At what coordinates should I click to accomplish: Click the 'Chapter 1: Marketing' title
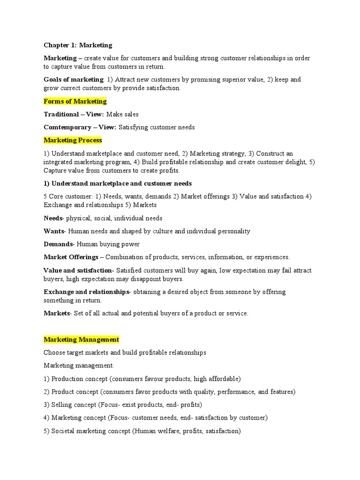(x=78, y=45)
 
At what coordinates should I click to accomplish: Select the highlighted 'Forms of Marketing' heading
(x=75, y=101)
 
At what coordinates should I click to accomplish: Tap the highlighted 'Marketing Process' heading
(x=73, y=140)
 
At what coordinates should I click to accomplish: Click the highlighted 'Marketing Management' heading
(x=81, y=339)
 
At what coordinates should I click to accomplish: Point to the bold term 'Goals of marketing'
(x=73, y=80)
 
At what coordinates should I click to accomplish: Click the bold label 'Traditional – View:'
(x=74, y=114)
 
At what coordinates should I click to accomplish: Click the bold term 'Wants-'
(x=55, y=231)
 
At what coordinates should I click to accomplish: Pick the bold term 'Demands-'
(x=59, y=244)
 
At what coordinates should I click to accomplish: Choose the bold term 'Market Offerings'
(x=71, y=257)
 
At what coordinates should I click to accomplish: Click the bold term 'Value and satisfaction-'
(x=78, y=270)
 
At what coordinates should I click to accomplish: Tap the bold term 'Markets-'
(x=58, y=314)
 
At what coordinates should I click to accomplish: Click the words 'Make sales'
(x=122, y=114)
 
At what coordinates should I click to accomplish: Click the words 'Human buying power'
(x=108, y=244)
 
